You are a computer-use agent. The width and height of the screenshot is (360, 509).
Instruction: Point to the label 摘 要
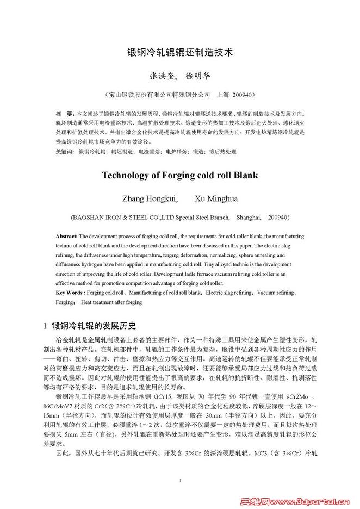point(64,114)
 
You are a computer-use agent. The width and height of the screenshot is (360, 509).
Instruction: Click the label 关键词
point(65,151)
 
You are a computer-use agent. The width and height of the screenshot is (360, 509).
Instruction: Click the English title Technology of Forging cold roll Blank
point(179,176)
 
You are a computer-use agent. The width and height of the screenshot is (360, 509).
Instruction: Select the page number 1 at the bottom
point(179,480)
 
